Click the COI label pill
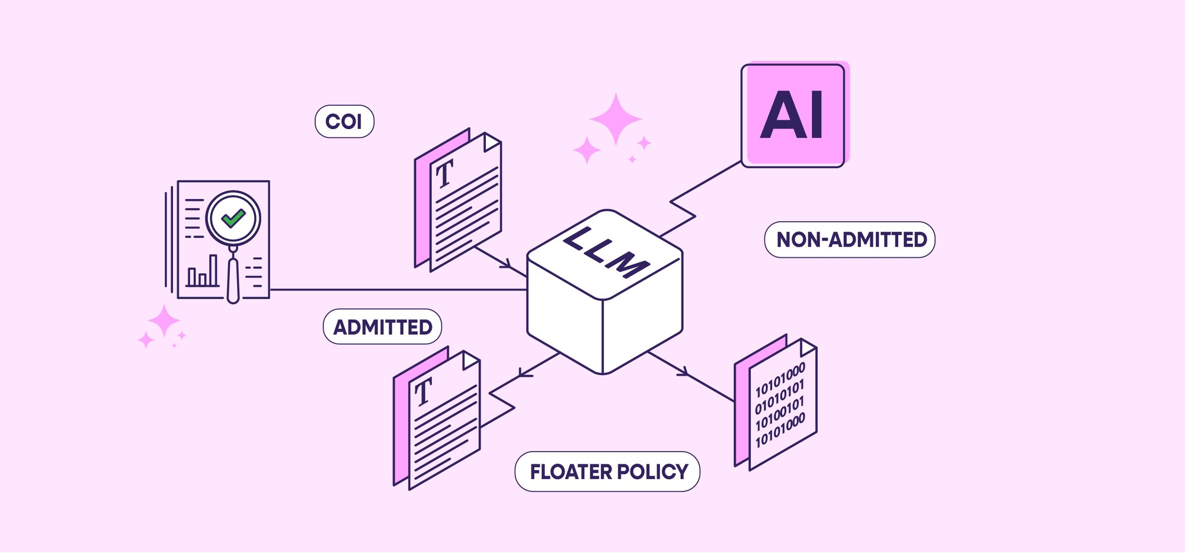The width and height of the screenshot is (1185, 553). click(x=344, y=122)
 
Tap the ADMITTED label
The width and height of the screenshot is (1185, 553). click(x=382, y=327)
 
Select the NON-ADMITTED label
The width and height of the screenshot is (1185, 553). click(x=850, y=239)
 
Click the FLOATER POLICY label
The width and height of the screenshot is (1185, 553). click(x=608, y=472)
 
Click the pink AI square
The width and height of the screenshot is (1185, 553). click(x=793, y=116)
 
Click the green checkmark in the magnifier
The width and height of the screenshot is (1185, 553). click(x=233, y=218)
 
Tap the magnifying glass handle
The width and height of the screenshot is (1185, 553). click(x=233, y=279)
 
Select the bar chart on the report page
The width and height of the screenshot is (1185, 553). click(x=202, y=272)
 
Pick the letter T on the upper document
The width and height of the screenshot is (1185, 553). click(x=444, y=173)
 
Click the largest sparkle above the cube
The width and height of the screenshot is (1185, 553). click(x=616, y=119)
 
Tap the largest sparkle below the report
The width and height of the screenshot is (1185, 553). click(x=164, y=322)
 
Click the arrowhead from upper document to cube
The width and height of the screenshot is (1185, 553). click(x=507, y=264)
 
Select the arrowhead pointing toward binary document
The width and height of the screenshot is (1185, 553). click(x=683, y=372)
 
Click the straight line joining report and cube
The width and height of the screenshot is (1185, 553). click(x=397, y=290)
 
